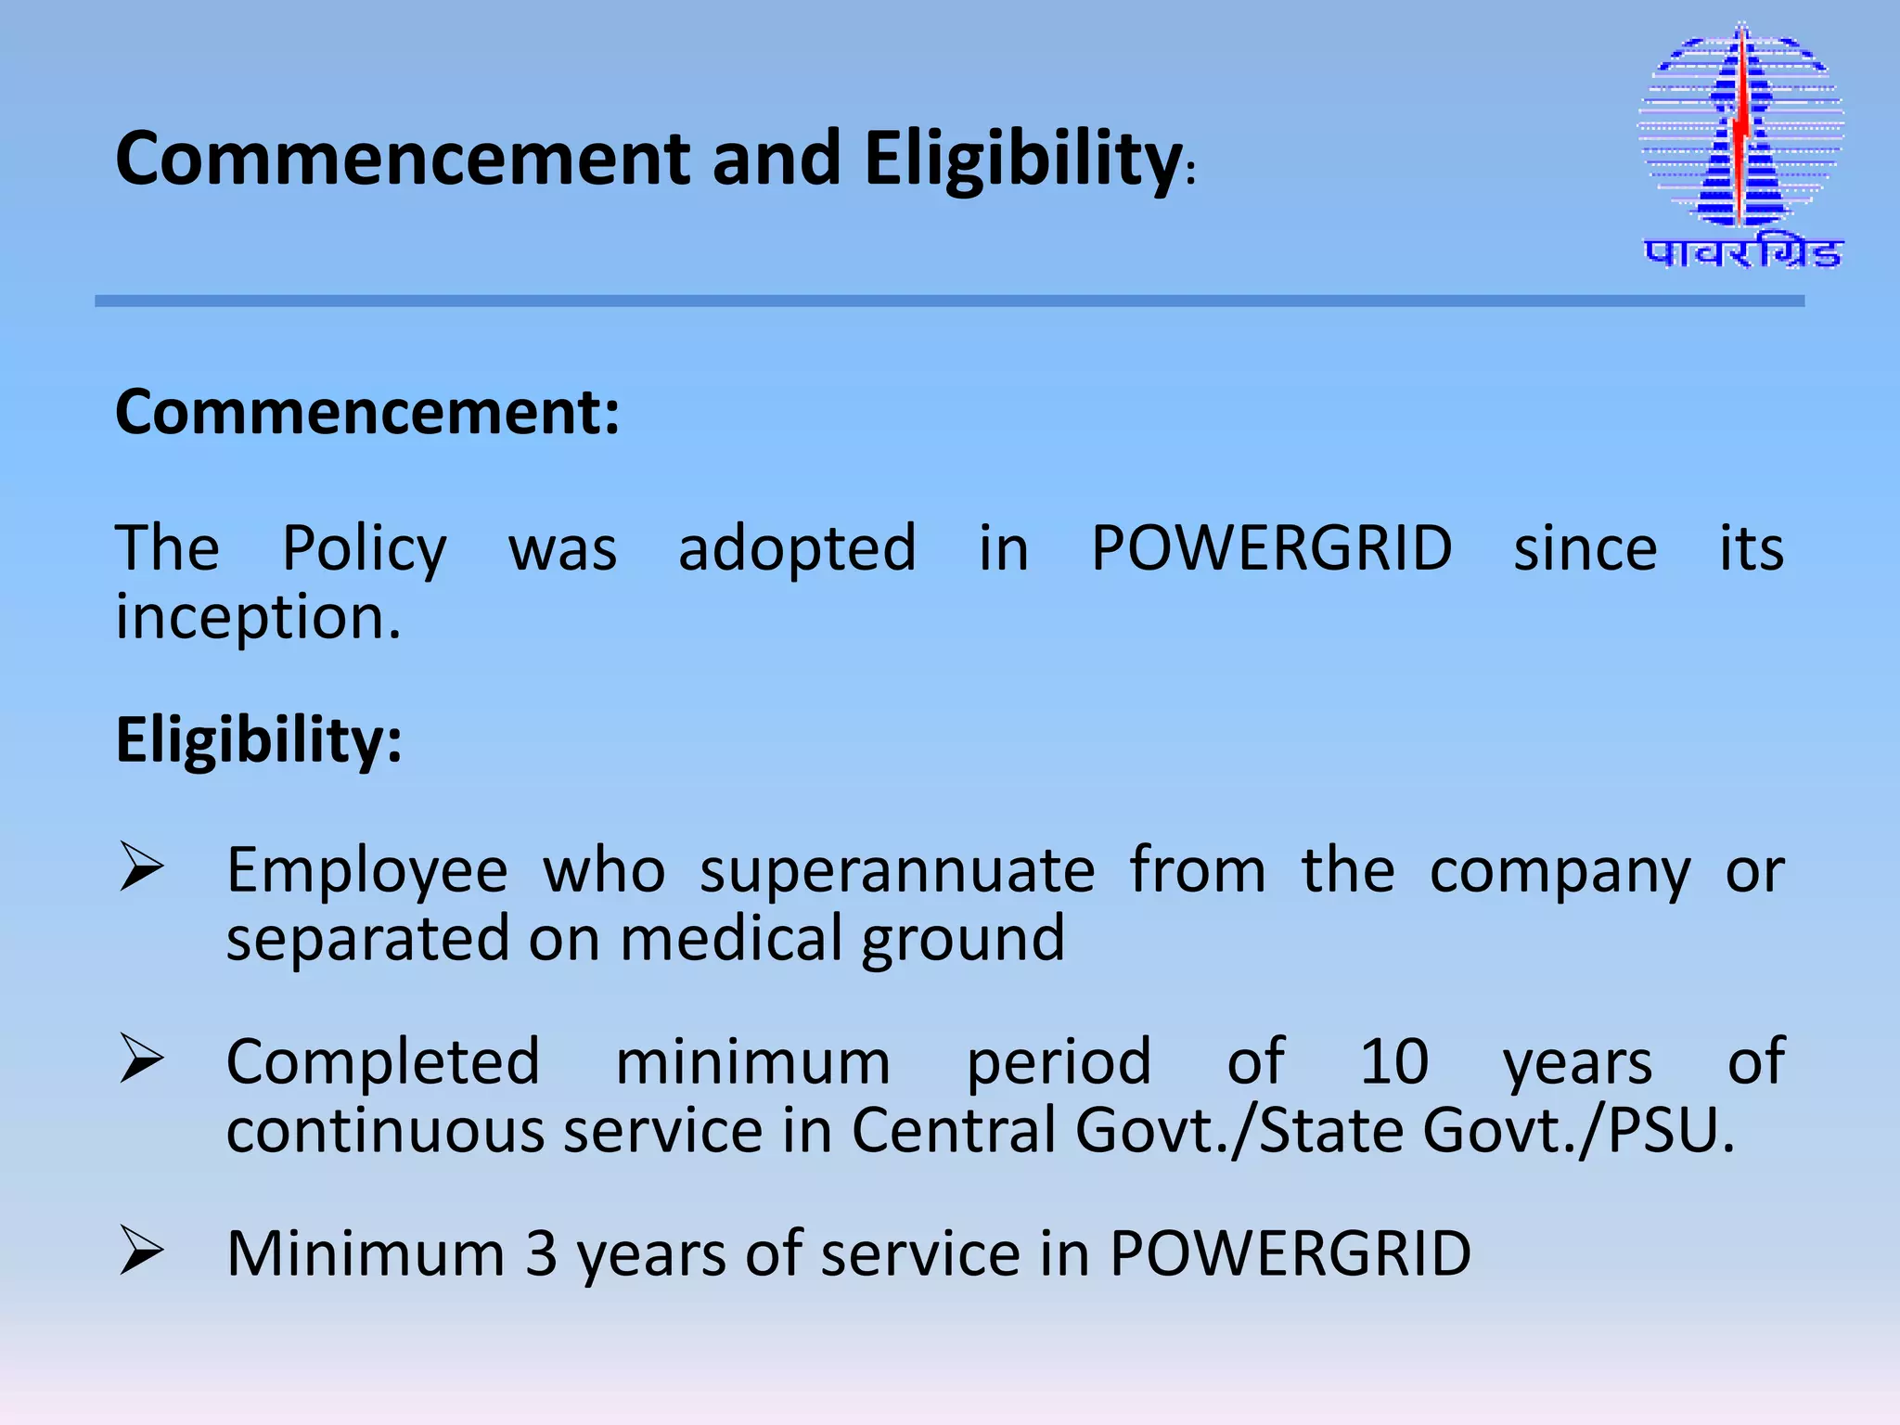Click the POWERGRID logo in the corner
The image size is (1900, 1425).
(1741, 130)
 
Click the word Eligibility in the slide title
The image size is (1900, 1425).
(1021, 160)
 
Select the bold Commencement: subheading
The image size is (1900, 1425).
(367, 412)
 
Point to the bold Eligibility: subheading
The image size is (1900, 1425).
(259, 740)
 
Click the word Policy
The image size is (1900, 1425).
(364, 549)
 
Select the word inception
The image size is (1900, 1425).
(258, 618)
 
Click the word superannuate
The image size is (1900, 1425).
(897, 871)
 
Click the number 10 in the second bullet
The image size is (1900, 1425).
(1393, 1061)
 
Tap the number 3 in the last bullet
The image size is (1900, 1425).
(541, 1253)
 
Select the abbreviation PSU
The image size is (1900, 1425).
(1670, 1131)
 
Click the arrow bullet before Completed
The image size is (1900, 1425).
(141, 1059)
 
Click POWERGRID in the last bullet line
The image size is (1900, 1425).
(1290, 1253)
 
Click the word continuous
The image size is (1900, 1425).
(385, 1131)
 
